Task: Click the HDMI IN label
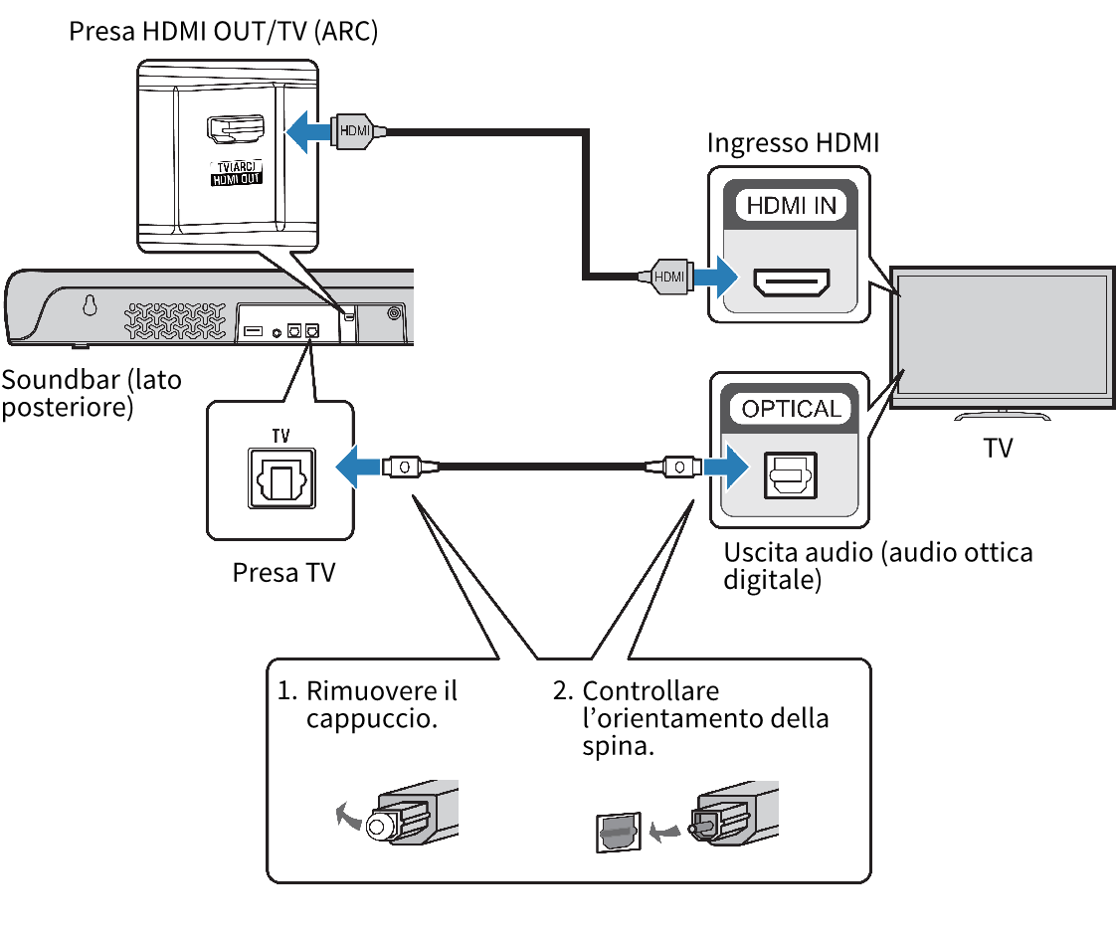[791, 205]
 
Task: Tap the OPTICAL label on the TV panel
[791, 409]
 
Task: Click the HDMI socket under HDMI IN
[792, 282]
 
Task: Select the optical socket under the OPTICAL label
[791, 475]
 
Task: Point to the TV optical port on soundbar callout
[279, 481]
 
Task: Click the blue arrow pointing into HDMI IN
[715, 276]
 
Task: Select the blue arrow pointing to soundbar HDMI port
[308, 130]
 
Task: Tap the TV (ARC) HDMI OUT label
[234, 173]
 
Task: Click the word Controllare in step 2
[651, 690]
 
